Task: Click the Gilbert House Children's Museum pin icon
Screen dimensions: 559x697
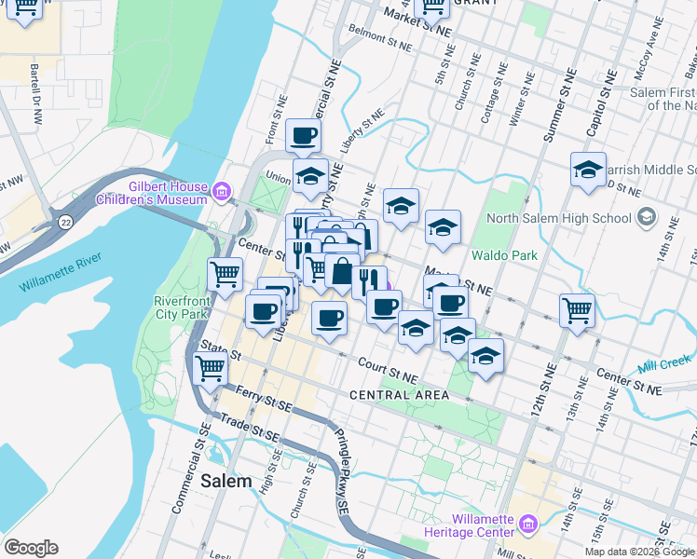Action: click(221, 193)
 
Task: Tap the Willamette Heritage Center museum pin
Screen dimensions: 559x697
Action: click(528, 525)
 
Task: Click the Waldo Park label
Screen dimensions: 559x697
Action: click(504, 254)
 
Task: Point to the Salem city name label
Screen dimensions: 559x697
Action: click(225, 481)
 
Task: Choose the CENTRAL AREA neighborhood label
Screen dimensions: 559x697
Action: click(399, 395)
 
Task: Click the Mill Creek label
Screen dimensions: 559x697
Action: click(664, 361)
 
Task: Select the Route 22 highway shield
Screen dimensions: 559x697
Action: click(66, 221)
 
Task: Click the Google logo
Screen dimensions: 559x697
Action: click(31, 548)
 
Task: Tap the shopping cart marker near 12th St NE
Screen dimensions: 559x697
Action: click(578, 309)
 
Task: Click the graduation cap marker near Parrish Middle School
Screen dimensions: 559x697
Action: click(588, 170)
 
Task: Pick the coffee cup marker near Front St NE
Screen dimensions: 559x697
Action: click(303, 136)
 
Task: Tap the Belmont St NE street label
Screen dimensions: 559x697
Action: click(385, 36)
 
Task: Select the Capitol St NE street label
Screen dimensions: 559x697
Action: click(606, 91)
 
